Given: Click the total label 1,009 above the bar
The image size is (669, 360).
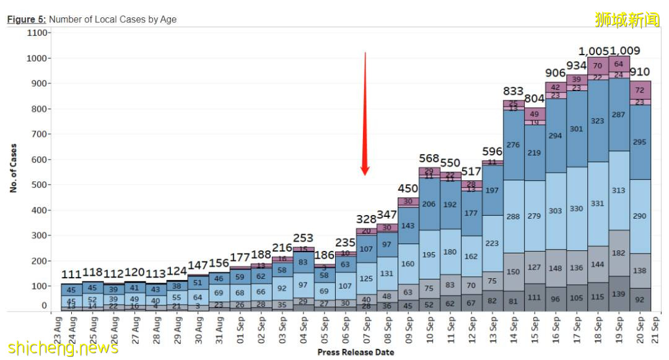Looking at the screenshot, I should (625, 51).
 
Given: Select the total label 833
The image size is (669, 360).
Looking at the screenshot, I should (514, 92).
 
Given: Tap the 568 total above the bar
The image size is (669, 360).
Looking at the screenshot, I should (429, 159).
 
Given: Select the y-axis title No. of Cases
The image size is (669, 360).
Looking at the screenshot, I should (13, 169).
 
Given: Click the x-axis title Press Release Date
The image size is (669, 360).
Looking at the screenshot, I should (356, 352).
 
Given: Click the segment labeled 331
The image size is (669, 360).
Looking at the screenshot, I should (598, 204).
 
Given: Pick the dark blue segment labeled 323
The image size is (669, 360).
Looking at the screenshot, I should (598, 121).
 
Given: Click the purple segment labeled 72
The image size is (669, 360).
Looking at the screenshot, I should (640, 90).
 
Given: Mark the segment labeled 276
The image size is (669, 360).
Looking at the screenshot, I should (514, 145).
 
